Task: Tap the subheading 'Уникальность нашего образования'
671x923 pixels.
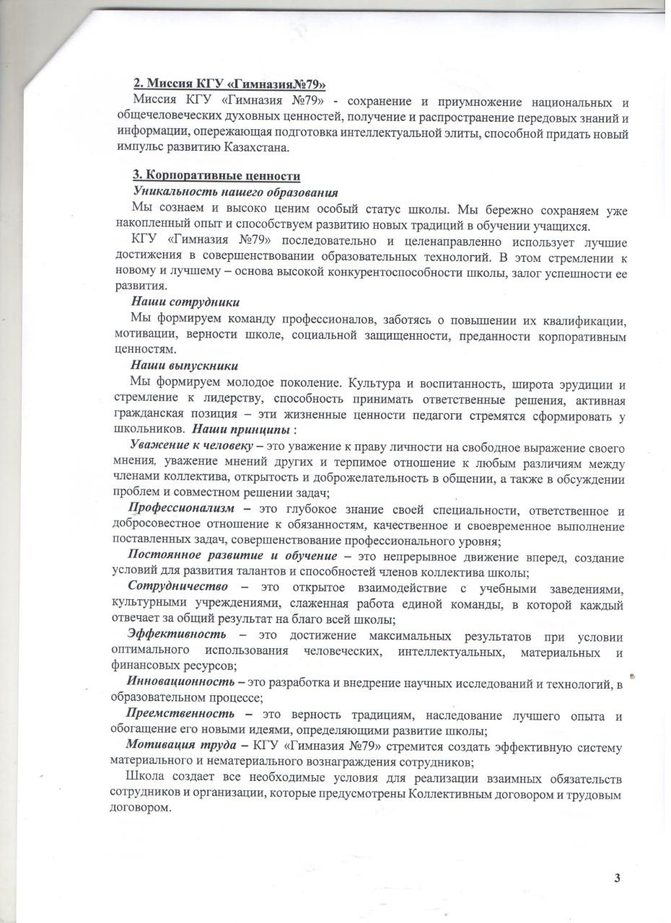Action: [x=236, y=192]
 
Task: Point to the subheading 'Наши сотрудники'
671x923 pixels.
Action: [x=185, y=301]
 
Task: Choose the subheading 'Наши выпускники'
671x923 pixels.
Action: [x=184, y=366]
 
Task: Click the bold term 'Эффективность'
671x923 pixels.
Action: [x=176, y=634]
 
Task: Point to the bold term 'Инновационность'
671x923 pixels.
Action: [x=181, y=681]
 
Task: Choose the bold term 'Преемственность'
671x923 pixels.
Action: [x=181, y=714]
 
